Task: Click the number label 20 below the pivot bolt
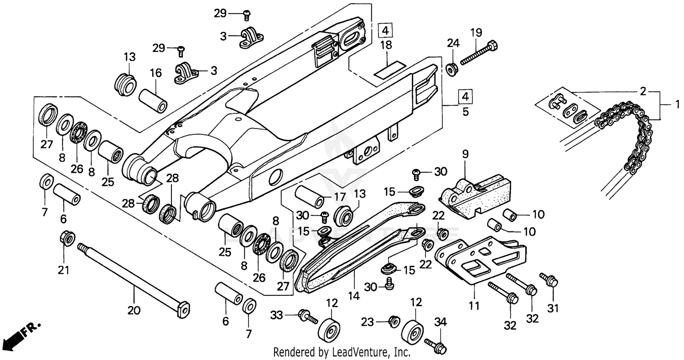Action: pos(134,311)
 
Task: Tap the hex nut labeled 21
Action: pos(67,238)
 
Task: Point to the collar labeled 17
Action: pos(310,196)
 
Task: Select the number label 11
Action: pos(474,305)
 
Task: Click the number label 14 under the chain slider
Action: pos(353,296)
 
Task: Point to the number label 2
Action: pos(643,91)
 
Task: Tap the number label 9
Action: pos(465,154)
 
